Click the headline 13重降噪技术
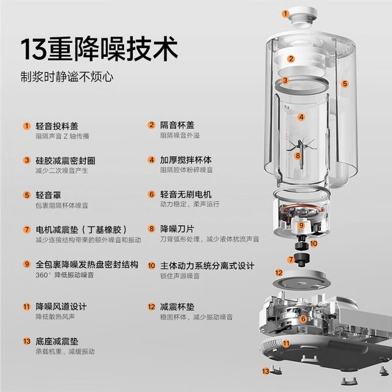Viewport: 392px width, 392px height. click(x=99, y=49)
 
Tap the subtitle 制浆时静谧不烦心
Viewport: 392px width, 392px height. click(x=67, y=77)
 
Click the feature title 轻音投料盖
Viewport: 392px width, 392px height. click(x=57, y=126)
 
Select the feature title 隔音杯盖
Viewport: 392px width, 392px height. click(x=177, y=125)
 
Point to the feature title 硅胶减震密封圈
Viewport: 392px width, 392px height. click(x=66, y=160)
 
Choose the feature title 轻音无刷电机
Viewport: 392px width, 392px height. click(x=185, y=194)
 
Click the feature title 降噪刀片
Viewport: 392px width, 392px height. click(x=177, y=229)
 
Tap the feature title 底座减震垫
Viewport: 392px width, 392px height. click(x=57, y=341)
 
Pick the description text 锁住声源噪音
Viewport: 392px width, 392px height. click(x=180, y=276)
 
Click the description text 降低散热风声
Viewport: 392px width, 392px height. click(x=55, y=317)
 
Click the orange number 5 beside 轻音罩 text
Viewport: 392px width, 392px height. click(x=27, y=195)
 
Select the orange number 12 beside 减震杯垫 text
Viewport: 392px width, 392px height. click(x=152, y=307)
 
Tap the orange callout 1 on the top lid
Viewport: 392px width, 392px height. click(x=286, y=13)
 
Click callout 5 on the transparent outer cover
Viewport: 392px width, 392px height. click(x=345, y=84)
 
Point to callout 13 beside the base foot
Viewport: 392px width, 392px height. click(x=266, y=372)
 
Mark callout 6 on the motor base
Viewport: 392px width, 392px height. click(x=303, y=319)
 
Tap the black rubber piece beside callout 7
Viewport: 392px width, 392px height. click(x=301, y=260)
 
